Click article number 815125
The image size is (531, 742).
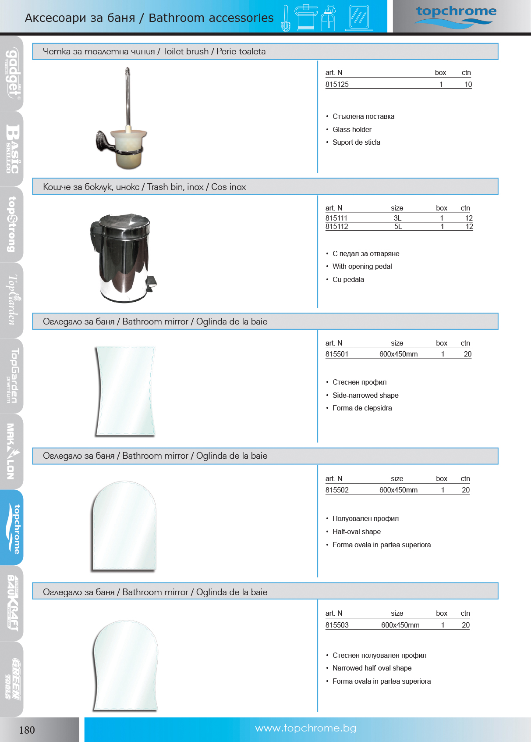pyautogui.click(x=337, y=84)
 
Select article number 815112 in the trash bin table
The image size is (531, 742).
pyautogui.click(x=337, y=227)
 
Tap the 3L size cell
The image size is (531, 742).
pyautogui.click(x=397, y=218)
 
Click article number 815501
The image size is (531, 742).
pyautogui.click(x=337, y=354)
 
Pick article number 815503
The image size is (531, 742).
pyautogui.click(x=337, y=625)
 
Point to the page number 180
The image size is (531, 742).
pyautogui.click(x=27, y=730)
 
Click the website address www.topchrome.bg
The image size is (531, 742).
pyautogui.click(x=305, y=728)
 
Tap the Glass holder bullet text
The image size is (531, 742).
pyautogui.click(x=352, y=129)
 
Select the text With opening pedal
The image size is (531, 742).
pyautogui.click(x=362, y=266)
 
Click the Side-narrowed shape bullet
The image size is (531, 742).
pyautogui.click(x=365, y=395)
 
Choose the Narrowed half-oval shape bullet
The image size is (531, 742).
pyautogui.click(x=372, y=668)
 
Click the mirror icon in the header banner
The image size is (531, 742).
pyautogui.click(x=359, y=18)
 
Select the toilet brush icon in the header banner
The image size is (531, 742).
pyautogui.click(x=286, y=18)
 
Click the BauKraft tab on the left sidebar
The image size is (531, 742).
pyautogui.click(x=12, y=603)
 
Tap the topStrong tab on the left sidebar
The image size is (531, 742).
pyautogui.click(x=12, y=224)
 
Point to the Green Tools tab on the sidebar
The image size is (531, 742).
pyautogui.click(x=12, y=678)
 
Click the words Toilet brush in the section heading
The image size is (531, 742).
pyautogui.click(x=186, y=51)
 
